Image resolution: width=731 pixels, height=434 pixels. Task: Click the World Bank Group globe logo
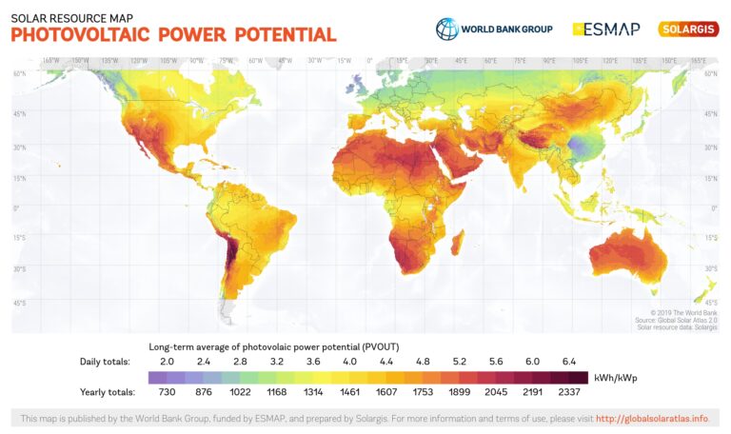pyautogui.click(x=446, y=29)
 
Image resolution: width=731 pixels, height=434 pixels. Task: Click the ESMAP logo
pyautogui.click(x=605, y=29)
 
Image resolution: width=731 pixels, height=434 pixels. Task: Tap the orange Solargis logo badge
pyautogui.click(x=688, y=29)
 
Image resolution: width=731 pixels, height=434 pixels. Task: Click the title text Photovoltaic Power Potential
pyautogui.click(x=173, y=35)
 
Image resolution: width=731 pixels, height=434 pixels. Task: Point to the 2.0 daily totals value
pyautogui.click(x=167, y=362)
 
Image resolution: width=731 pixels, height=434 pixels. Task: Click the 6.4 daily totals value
pyautogui.click(x=568, y=362)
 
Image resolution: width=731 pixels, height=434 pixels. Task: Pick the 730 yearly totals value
pyautogui.click(x=167, y=391)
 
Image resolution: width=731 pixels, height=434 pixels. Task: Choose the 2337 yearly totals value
pyautogui.click(x=568, y=391)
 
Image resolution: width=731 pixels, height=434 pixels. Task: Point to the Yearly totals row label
pyautogui.click(x=107, y=391)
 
